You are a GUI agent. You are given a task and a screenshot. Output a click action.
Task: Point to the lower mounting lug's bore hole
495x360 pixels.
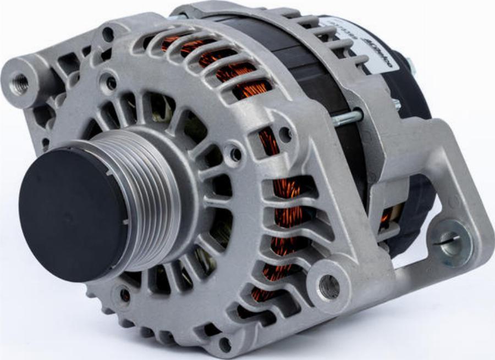click(329, 286)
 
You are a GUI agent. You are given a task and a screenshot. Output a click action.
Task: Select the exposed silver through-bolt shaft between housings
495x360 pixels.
click(346, 117)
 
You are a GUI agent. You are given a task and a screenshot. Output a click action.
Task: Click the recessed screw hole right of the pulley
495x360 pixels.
click(235, 154)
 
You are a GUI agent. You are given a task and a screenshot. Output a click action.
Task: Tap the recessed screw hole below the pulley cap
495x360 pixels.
click(124, 295)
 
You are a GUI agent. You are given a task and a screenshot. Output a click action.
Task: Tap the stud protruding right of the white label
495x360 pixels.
click(410, 66)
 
